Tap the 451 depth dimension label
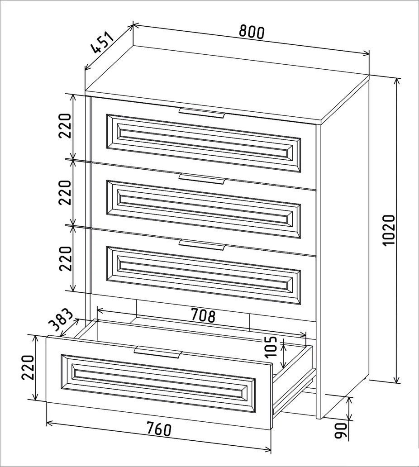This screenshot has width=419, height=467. (102, 43)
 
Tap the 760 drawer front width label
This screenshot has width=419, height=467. (159, 429)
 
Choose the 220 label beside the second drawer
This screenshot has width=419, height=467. (65, 192)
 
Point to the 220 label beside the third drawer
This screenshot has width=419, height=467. (66, 258)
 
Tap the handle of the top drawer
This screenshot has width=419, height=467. (201, 113)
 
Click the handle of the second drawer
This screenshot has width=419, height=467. (201, 179)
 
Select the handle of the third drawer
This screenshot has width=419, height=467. (201, 244)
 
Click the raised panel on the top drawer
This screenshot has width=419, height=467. (204, 143)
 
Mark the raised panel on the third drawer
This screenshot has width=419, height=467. (204, 275)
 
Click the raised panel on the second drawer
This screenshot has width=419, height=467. (204, 210)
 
